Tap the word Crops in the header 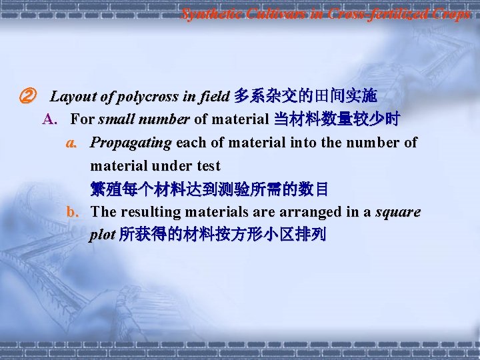click(x=448, y=13)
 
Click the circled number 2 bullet click(x=27, y=97)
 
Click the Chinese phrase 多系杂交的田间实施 click(x=306, y=97)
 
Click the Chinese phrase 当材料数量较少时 click(x=337, y=120)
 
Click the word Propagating click(x=131, y=143)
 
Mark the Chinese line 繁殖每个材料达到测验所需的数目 click(x=209, y=189)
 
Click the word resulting click(x=145, y=212)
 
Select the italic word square click(x=398, y=212)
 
